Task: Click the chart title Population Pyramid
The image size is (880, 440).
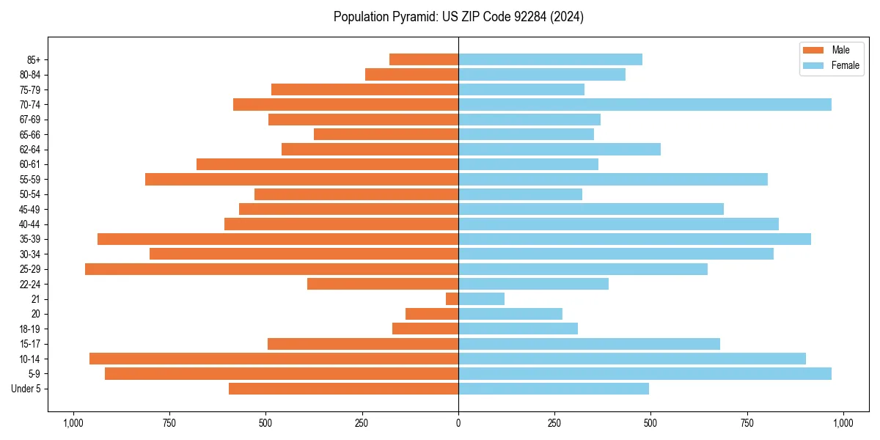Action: [x=458, y=17]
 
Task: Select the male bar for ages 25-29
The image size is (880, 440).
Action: [x=271, y=269]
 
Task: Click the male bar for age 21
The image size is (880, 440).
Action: [x=452, y=299]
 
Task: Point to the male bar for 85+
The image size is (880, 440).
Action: [x=424, y=59]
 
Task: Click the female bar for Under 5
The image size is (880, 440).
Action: [x=554, y=389]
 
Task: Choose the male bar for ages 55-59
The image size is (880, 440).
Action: [x=301, y=180]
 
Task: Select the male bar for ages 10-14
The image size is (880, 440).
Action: [x=274, y=359]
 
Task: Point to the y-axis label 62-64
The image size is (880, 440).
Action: [x=30, y=150]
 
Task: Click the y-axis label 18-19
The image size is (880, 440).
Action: [x=30, y=329]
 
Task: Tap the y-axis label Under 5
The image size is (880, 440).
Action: [x=26, y=389]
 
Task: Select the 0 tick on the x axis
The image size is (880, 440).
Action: [x=458, y=423]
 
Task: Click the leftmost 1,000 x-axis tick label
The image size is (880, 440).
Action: [x=73, y=423]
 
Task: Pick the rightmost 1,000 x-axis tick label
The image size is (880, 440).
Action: [x=843, y=423]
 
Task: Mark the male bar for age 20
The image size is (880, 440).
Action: [x=432, y=314]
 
